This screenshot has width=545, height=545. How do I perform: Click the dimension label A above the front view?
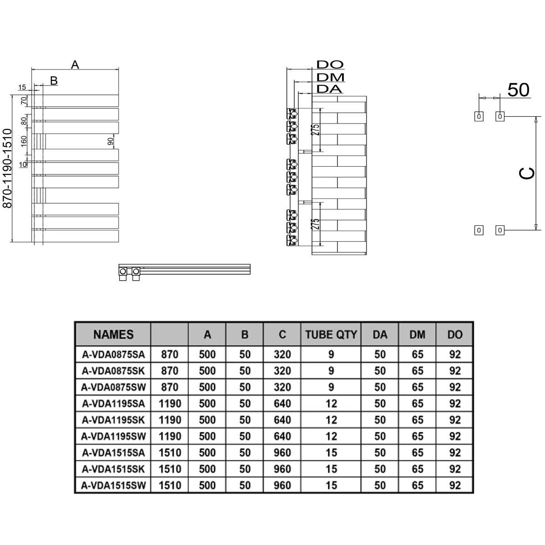click(75, 65)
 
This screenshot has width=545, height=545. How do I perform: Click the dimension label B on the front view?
click(54, 81)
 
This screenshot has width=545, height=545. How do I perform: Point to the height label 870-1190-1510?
click(7, 168)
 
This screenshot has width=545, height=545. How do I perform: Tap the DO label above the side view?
click(330, 65)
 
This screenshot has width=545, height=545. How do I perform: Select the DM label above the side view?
click(330, 77)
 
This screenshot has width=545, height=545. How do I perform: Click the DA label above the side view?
click(329, 89)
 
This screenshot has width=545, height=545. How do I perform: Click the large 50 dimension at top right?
click(518, 90)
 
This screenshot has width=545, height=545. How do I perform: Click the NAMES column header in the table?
click(113, 335)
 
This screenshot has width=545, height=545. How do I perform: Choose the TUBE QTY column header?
click(331, 335)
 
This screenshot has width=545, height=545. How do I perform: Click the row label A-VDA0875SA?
click(113, 355)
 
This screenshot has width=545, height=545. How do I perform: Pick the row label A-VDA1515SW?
click(113, 486)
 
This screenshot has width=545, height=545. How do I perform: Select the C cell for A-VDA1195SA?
click(282, 404)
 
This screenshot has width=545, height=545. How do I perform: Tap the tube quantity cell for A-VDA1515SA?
click(331, 453)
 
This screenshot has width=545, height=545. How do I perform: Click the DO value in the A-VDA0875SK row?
click(455, 371)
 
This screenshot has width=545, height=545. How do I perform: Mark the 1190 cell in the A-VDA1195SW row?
click(170, 436)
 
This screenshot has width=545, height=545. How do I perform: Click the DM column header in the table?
click(417, 335)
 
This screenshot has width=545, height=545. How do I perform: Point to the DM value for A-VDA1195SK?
click(417, 420)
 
